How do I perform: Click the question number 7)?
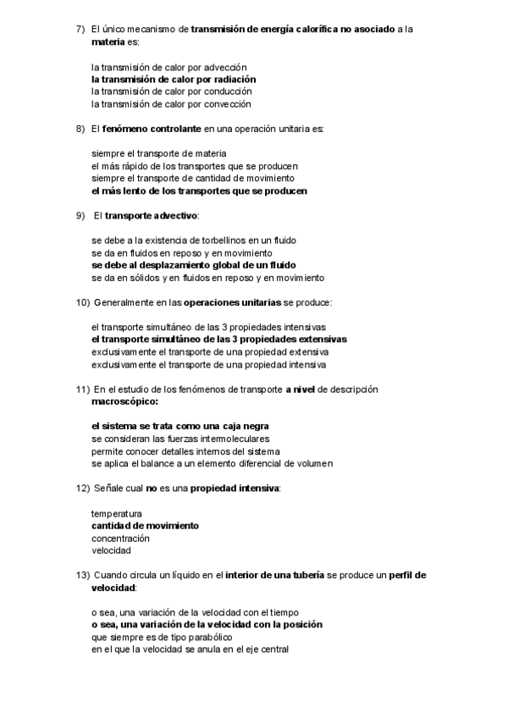[x=80, y=29]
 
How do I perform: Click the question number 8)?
[x=80, y=129]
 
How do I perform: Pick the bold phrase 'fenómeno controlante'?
[x=152, y=129]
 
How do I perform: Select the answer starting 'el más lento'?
[x=199, y=191]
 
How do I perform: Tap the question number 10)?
[x=83, y=302]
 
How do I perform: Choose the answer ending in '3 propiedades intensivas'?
[x=207, y=327]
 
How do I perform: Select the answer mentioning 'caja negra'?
[x=185, y=426]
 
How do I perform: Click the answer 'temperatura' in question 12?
[x=116, y=513]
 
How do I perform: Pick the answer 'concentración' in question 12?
[x=120, y=538]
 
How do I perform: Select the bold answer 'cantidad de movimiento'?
[x=145, y=526]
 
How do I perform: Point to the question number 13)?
[x=83, y=575]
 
